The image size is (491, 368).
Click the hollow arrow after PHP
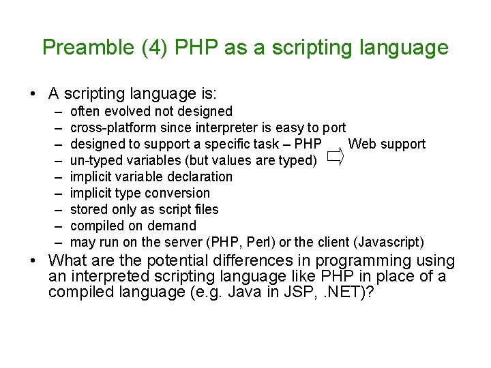pyautogui.click(x=334, y=158)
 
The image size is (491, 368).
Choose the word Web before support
pyautogui.click(x=362, y=144)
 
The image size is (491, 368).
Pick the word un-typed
pyautogui.click(x=94, y=160)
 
